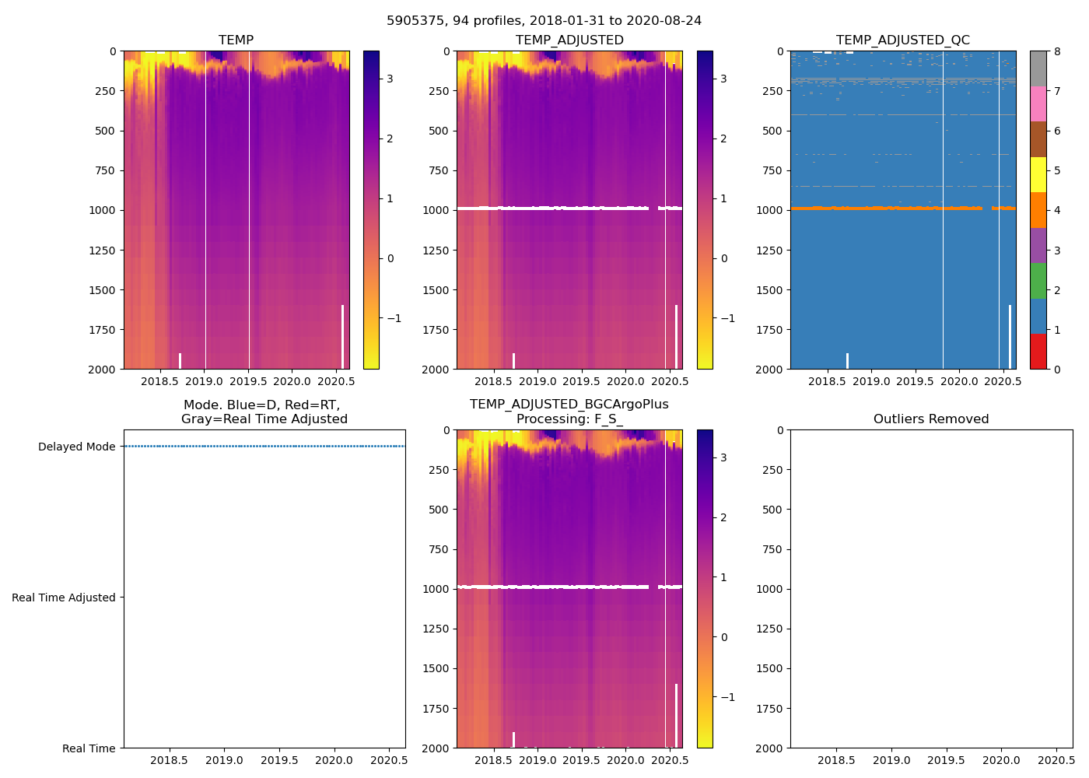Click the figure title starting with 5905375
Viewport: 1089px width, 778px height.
[544, 21]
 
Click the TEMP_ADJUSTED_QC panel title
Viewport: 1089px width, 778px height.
[902, 40]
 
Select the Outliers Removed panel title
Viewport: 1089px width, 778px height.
[930, 419]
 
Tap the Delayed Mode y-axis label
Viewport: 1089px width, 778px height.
[76, 447]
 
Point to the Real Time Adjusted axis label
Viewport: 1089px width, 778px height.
[64, 598]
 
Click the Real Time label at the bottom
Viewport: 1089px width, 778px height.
[89, 748]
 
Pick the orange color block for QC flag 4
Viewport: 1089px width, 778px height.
[1038, 210]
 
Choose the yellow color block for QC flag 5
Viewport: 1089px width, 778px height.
[1038, 175]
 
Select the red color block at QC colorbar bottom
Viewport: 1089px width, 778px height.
[1038, 352]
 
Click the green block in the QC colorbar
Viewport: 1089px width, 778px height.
[1038, 281]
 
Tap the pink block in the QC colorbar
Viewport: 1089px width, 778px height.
[1038, 104]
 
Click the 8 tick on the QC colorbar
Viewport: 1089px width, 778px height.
[1057, 52]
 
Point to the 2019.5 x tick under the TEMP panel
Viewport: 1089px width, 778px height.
[248, 382]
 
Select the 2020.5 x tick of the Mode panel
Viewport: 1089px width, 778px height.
[389, 761]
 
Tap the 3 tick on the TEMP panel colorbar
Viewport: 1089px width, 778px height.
[390, 79]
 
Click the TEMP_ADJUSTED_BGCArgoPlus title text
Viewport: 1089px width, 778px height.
[569, 405]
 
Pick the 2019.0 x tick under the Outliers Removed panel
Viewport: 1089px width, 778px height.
[891, 761]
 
